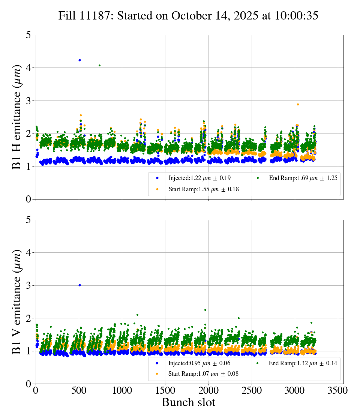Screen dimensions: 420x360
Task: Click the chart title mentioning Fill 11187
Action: click(x=188, y=16)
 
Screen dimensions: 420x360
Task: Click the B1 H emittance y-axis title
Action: click(x=17, y=117)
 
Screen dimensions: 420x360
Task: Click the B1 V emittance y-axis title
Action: click(x=17, y=301)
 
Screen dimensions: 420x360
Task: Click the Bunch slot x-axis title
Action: click(x=188, y=402)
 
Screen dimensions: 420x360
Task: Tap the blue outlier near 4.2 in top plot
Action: click(x=79, y=60)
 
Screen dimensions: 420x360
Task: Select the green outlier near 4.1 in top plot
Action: click(x=99, y=65)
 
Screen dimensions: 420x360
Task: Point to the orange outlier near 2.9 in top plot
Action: click(x=298, y=104)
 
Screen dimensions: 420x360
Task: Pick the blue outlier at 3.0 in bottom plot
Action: click(x=79, y=285)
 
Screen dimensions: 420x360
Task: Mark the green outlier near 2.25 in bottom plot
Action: click(x=205, y=310)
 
